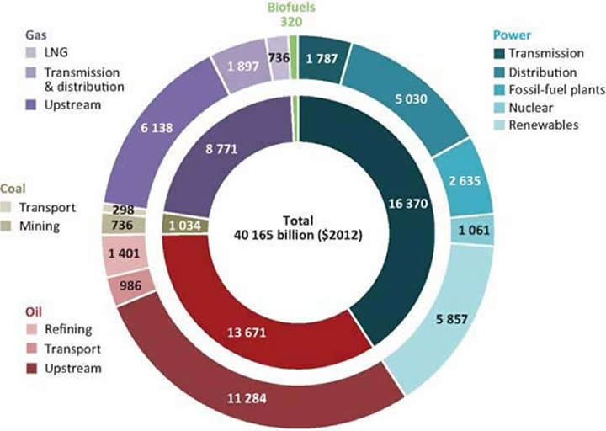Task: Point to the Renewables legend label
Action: [x=546, y=125]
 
